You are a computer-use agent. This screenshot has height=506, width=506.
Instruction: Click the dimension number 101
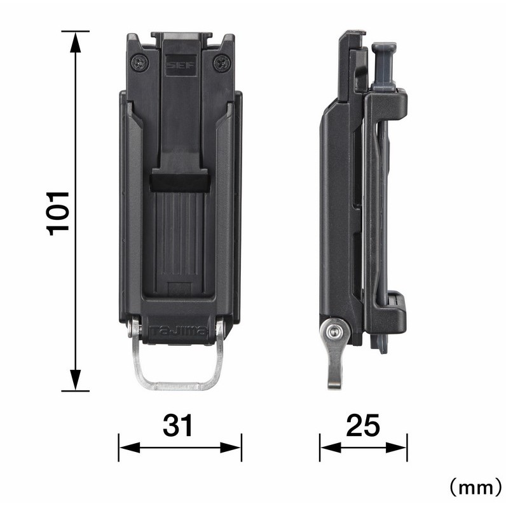pos(58,214)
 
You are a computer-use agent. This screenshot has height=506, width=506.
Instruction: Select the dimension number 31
pos(177,425)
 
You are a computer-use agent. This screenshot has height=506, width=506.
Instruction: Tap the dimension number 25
pos(363,425)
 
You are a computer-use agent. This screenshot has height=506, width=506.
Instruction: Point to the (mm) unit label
pos(475,488)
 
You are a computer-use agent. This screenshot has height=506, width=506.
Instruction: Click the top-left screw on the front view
pos(140,62)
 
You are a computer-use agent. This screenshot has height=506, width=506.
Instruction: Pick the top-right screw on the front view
pos(222,62)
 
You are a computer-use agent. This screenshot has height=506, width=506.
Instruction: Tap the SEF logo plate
pos(181,65)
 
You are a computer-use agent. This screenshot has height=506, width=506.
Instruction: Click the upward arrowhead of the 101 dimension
pos(75,43)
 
